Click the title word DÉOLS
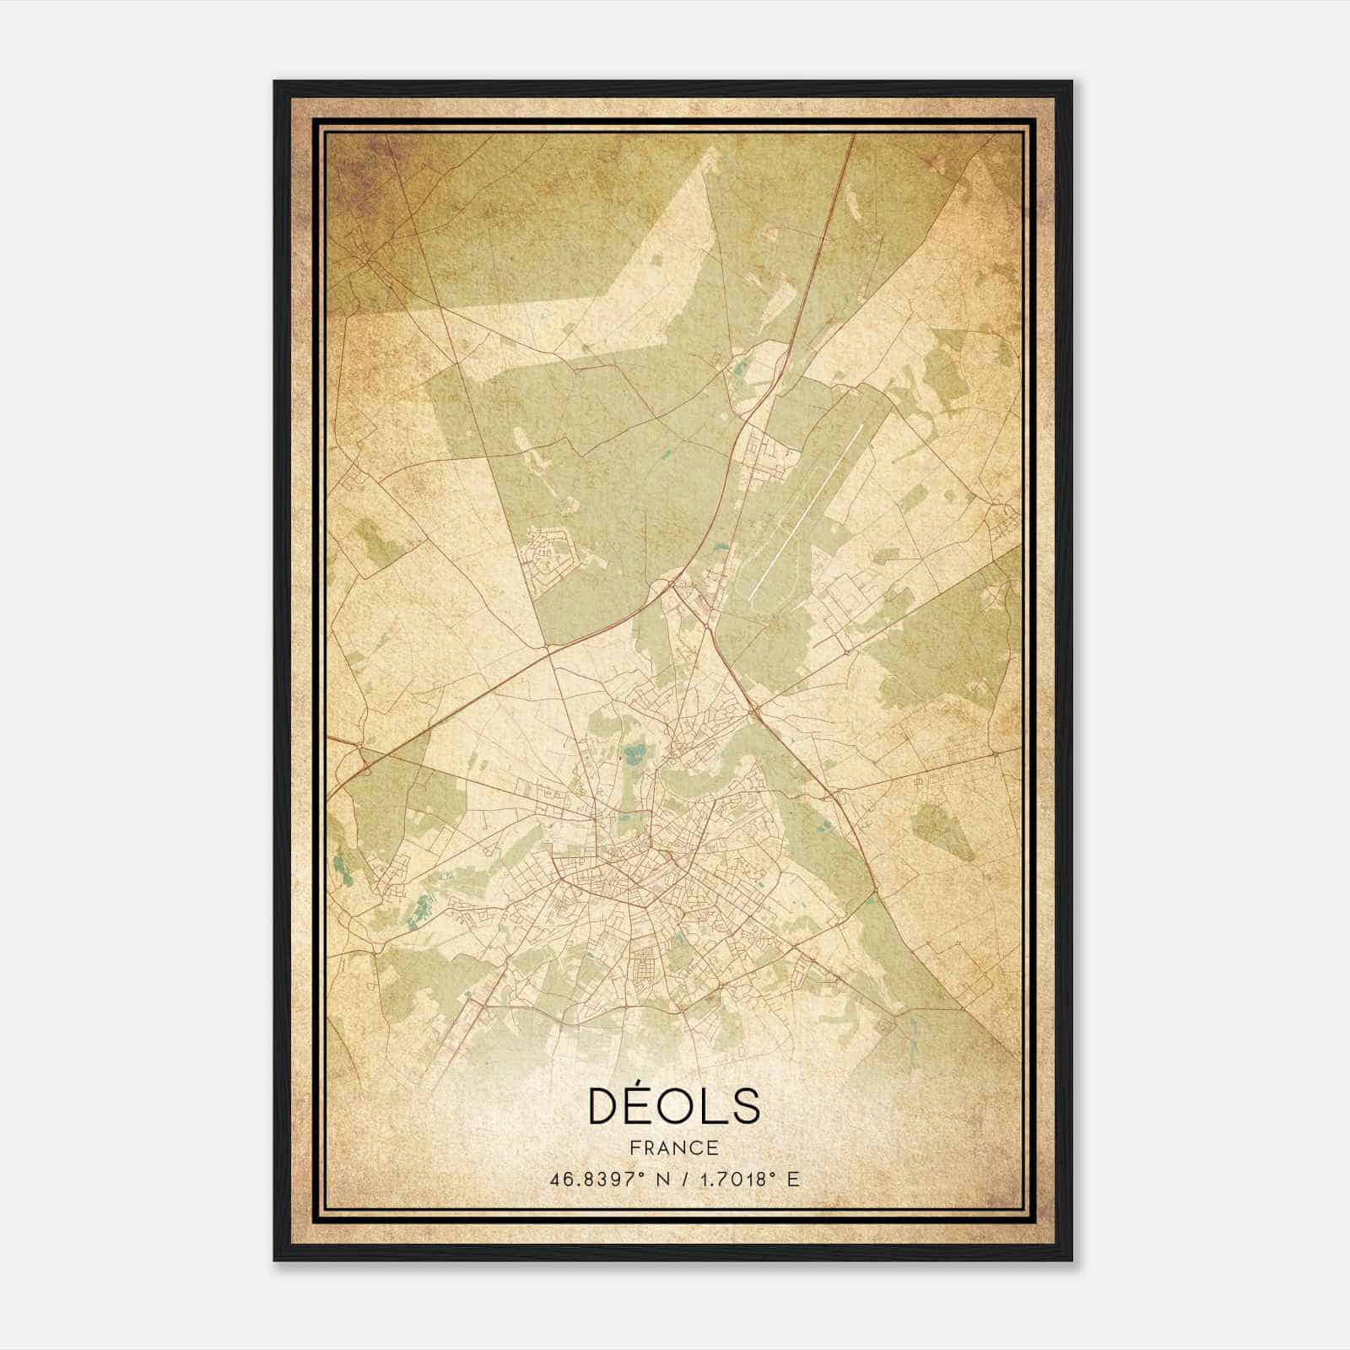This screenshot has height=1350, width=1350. (x=673, y=1106)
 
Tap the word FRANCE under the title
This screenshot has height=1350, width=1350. (x=673, y=1147)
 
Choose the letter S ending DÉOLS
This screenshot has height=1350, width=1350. (x=744, y=1107)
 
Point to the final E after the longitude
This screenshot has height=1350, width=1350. (x=792, y=1180)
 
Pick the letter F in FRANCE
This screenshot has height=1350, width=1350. (x=634, y=1147)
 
